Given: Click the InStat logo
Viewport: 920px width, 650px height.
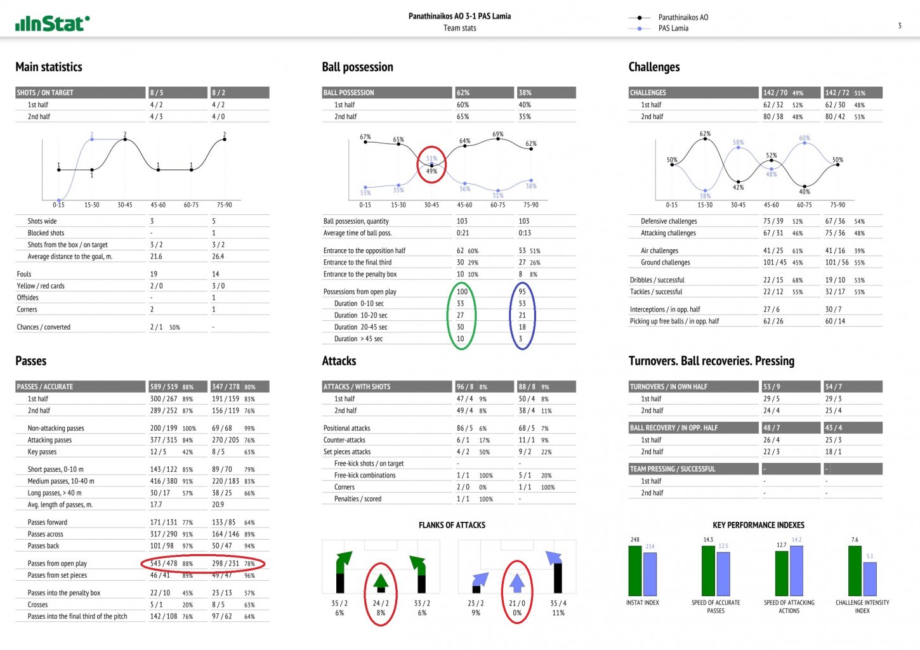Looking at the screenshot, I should [52, 24].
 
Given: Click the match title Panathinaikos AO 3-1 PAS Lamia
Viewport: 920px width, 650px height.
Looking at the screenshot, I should [459, 16].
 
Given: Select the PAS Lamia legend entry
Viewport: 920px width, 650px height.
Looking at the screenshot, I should [673, 29].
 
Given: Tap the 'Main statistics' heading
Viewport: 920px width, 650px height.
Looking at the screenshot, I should [49, 67].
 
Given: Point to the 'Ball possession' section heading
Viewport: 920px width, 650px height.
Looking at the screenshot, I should [357, 67].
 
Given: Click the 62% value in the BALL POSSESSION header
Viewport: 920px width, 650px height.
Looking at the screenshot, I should [463, 93].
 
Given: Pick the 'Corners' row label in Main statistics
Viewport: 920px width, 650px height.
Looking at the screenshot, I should [27, 309].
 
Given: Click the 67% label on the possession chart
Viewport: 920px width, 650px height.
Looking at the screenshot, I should [365, 137].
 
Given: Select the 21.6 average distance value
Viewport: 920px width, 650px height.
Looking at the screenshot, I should [156, 257].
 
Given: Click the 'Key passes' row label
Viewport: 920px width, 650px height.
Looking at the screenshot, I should [42, 452].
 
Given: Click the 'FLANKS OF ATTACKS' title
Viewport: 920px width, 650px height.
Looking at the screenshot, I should [452, 525].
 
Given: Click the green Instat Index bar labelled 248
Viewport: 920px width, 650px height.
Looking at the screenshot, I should [634, 571].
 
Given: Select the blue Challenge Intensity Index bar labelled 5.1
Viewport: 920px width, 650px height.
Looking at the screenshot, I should [870, 579].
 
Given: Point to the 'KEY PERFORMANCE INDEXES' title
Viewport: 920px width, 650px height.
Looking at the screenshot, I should [758, 525].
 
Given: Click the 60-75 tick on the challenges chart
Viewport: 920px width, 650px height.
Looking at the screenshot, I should [804, 205].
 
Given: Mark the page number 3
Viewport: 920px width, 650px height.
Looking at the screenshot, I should [899, 26].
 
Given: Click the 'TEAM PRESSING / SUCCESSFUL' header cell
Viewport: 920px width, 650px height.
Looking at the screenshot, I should [672, 469].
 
